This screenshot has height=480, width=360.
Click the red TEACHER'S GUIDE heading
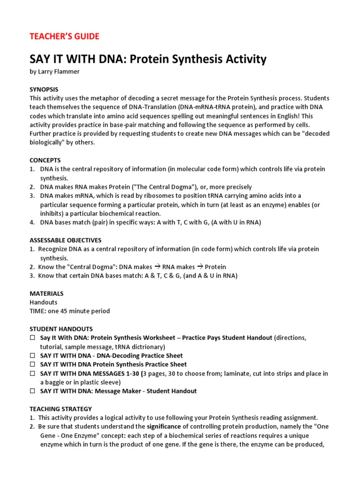(x=65, y=37)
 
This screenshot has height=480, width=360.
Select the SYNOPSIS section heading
(x=44, y=89)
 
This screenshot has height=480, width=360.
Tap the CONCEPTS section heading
(x=45, y=160)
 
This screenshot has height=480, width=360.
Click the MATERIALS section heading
(x=46, y=293)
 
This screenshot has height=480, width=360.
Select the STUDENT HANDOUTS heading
(x=61, y=329)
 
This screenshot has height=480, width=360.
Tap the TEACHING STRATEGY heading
(x=61, y=409)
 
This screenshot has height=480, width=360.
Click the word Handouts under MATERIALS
(x=44, y=302)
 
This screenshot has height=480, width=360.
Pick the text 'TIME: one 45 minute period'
(x=70, y=311)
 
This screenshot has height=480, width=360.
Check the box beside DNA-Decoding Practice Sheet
(x=32, y=356)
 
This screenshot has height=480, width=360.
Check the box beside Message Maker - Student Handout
(x=32, y=391)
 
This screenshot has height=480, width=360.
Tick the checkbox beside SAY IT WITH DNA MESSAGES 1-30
(x=32, y=374)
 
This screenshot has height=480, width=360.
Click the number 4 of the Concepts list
(x=32, y=222)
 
